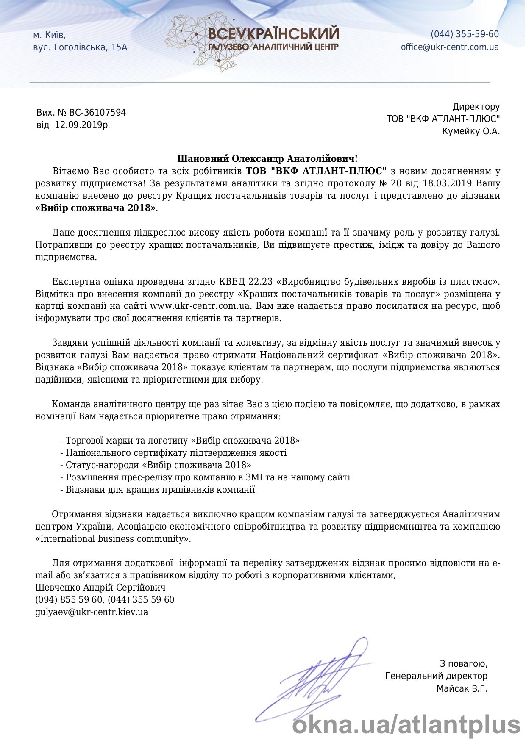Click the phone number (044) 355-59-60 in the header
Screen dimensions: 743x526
465,34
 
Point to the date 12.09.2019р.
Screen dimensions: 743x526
82,125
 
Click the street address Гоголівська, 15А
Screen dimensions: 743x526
91,47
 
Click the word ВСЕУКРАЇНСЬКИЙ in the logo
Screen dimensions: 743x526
273,34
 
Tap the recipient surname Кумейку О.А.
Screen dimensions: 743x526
470,131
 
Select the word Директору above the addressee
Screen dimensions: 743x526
476,107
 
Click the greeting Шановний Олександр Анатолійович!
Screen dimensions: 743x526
267,159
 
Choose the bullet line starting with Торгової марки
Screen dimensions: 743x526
180,441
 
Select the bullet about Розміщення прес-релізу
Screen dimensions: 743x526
205,477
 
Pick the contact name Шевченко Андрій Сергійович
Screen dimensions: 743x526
100,588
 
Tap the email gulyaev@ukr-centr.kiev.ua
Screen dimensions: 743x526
92,612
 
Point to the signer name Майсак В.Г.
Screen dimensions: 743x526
462,689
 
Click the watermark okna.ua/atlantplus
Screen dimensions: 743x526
406,724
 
